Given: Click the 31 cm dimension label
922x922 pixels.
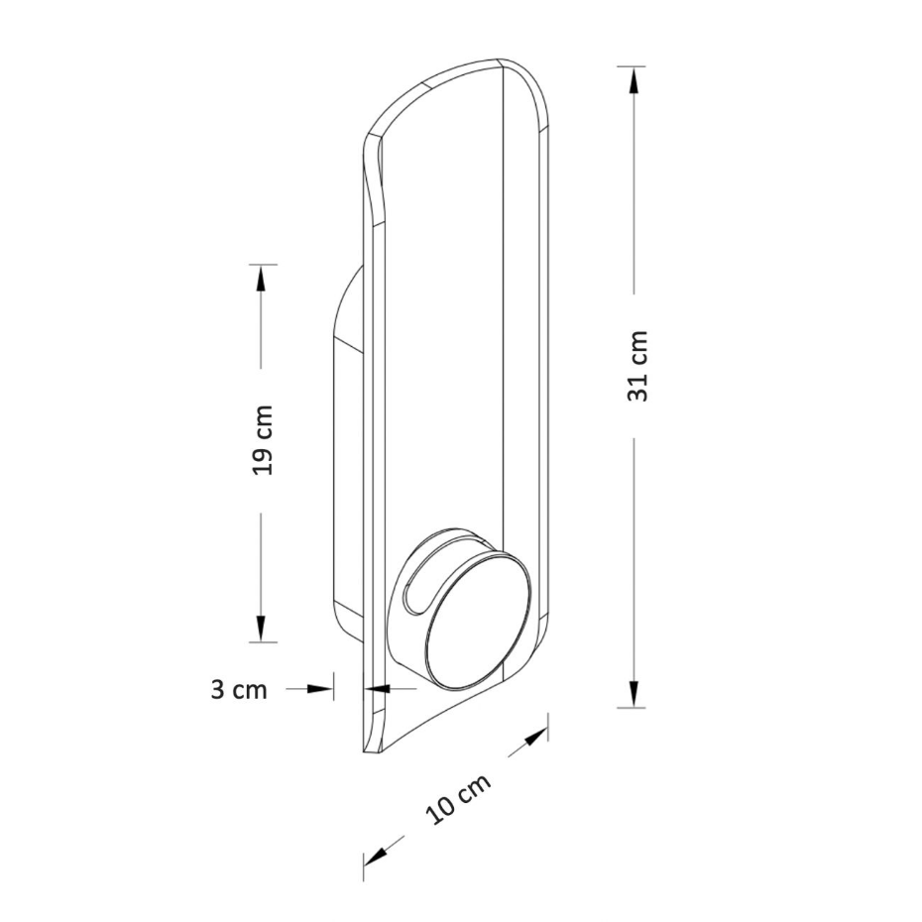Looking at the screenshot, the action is pyautogui.click(x=637, y=367).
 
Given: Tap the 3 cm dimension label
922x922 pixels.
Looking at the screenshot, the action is pyautogui.click(x=239, y=689).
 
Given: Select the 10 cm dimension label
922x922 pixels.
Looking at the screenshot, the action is pyautogui.click(x=458, y=798).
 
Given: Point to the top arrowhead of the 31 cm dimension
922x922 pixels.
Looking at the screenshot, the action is pyautogui.click(x=633, y=80).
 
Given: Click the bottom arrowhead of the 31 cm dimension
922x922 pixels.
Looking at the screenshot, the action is pyautogui.click(x=633, y=694).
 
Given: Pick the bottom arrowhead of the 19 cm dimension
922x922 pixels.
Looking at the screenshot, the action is pyautogui.click(x=261, y=628).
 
